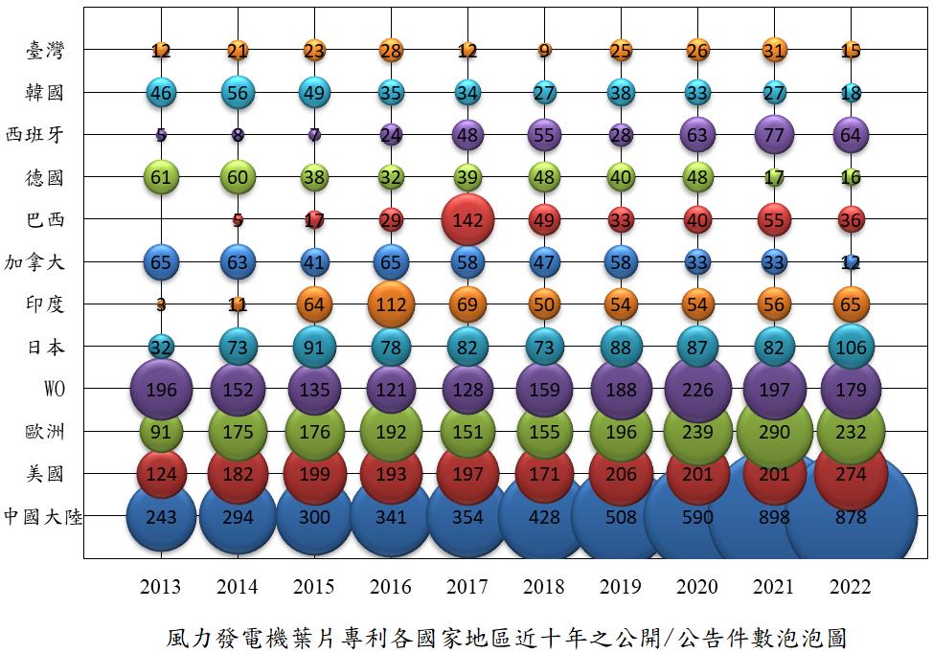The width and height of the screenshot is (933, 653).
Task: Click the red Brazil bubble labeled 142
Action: click(x=467, y=219)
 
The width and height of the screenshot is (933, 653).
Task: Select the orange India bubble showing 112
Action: click(x=391, y=304)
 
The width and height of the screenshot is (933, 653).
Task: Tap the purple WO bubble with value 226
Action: click(x=697, y=389)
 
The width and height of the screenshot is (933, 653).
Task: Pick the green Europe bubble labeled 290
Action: click(x=774, y=432)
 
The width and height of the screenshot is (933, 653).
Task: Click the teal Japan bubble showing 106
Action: click(x=851, y=347)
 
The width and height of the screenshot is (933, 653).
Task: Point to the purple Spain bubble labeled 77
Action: click(x=774, y=135)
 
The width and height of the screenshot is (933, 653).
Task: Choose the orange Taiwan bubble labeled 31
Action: click(x=774, y=50)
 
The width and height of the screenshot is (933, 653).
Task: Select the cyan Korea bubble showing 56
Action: click(x=238, y=92)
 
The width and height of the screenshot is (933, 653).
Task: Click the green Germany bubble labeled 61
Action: click(x=161, y=177)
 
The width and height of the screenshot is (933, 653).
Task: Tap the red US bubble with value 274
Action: click(x=851, y=474)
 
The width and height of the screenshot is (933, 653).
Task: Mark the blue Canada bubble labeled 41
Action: click(x=314, y=262)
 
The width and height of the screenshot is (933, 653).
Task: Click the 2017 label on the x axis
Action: click(x=467, y=587)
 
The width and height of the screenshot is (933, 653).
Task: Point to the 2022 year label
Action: click(x=851, y=587)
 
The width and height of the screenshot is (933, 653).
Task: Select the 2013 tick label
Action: click(x=161, y=587)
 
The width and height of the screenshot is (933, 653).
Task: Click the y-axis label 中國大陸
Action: click(x=43, y=517)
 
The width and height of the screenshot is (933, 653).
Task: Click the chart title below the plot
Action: click(x=507, y=636)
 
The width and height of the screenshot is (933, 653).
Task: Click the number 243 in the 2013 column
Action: click(x=161, y=518)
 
